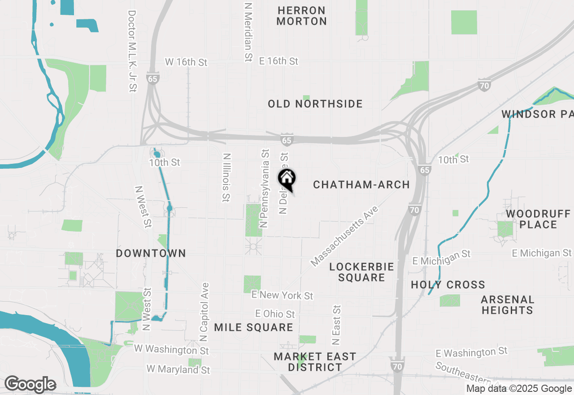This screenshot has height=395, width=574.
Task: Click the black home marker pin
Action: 287,179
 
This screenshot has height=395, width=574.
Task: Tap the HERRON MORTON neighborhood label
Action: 301,16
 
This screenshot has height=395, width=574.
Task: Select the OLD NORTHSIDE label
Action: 315,104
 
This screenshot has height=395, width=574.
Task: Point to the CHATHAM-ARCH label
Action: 361,184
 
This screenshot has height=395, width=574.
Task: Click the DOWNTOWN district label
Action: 151,253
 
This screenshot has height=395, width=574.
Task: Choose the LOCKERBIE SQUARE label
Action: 361,272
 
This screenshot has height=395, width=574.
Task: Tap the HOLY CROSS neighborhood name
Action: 448,285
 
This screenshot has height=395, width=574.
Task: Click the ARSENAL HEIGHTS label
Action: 508,305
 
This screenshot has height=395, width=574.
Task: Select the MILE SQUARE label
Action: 253,327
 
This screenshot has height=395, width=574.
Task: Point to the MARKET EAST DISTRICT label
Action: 315,362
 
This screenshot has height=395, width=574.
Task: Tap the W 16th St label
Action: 186,61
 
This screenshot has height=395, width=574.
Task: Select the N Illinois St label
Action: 226,177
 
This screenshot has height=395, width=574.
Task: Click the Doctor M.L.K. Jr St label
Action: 132,51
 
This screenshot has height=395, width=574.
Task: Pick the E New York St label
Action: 283,295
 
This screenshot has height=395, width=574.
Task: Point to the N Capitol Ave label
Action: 204,312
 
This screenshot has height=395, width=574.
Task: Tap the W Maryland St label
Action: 178,370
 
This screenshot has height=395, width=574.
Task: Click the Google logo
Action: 30,384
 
